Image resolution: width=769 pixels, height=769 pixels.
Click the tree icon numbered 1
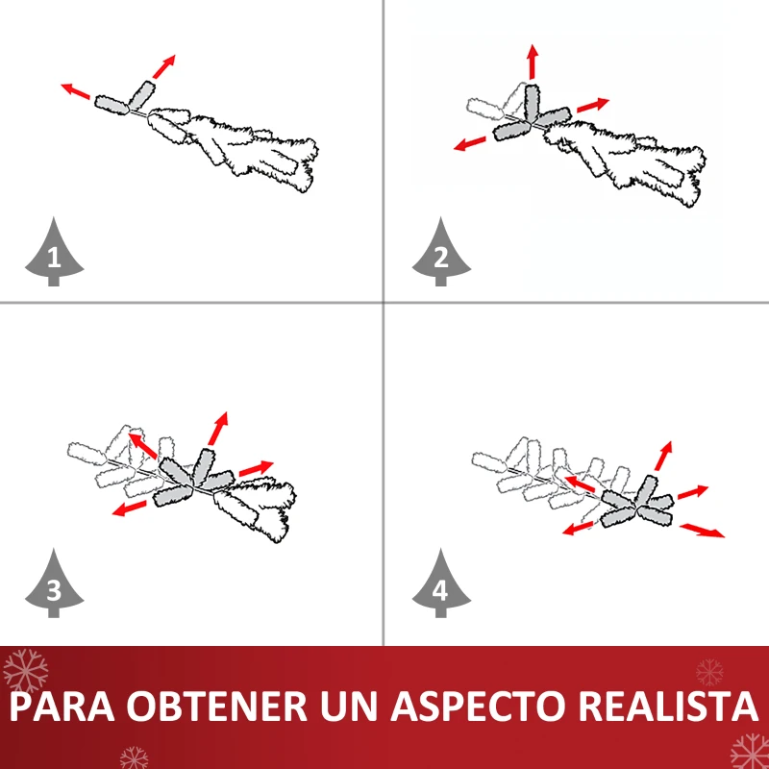(x=54, y=253)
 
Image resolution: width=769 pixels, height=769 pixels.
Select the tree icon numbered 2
(x=441, y=253)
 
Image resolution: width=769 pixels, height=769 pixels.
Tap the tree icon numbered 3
(x=54, y=583)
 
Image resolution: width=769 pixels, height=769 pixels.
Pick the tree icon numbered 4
(x=441, y=583)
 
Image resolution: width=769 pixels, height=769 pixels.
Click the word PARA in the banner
(x=62, y=707)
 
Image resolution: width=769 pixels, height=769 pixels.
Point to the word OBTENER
(x=219, y=707)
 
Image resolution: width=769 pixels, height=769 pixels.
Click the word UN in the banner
(x=351, y=707)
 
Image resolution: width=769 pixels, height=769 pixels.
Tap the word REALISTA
(x=667, y=707)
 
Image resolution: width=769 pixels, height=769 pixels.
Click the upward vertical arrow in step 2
(x=533, y=62)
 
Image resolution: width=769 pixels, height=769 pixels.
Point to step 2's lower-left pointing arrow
(x=469, y=143)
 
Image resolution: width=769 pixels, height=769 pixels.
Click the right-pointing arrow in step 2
(x=593, y=105)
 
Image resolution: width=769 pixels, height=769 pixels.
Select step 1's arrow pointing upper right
(x=163, y=66)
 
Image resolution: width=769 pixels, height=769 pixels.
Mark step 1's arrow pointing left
(x=76, y=91)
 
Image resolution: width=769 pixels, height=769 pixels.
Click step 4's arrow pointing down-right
(x=702, y=531)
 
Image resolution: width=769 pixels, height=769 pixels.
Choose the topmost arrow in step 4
(x=663, y=456)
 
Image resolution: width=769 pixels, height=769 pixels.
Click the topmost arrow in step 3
(x=218, y=428)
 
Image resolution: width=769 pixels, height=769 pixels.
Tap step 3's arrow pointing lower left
(x=129, y=509)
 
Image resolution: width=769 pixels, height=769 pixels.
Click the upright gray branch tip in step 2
(x=532, y=103)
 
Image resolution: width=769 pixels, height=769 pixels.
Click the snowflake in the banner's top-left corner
(x=26, y=671)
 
